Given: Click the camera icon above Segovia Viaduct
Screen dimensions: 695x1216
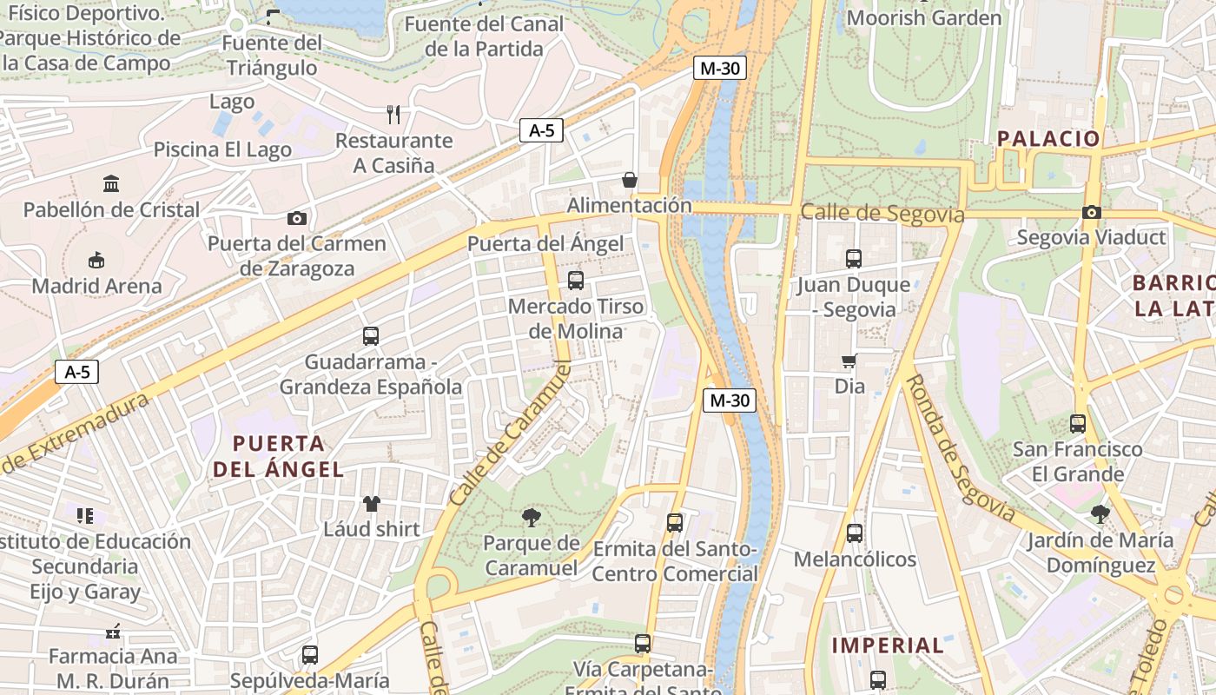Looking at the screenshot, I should click(1092, 212).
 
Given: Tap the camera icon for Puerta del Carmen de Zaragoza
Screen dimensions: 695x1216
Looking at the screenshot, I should click(297, 218).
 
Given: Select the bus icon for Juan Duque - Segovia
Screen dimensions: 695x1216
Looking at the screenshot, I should click(854, 258).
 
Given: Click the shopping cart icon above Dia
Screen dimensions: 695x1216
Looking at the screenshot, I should click(849, 361).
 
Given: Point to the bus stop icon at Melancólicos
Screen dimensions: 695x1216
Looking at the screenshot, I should click(855, 533).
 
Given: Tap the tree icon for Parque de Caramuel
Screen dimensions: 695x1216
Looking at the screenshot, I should click(531, 519).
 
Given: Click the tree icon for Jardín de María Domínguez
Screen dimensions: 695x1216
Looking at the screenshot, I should click(1100, 513).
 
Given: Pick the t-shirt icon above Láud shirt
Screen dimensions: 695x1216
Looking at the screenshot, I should click(372, 503).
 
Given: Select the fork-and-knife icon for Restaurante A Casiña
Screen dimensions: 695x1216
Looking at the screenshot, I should click(393, 114).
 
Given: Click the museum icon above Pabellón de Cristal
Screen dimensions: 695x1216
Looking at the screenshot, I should click(111, 183).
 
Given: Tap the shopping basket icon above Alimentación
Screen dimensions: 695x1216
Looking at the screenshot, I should click(630, 180).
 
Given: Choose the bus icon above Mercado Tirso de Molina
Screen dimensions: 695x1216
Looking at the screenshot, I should click(576, 280).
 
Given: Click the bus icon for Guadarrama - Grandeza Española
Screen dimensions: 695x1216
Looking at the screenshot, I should click(371, 335).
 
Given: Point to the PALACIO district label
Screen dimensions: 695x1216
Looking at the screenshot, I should click(1048, 138).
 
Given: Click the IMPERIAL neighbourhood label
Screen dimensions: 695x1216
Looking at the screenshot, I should click(888, 645).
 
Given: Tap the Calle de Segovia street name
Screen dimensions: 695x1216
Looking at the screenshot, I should click(882, 213).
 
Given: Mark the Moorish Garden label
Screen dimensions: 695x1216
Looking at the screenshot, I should click(924, 17).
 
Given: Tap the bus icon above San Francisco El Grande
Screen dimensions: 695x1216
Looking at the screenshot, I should click(1078, 423).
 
